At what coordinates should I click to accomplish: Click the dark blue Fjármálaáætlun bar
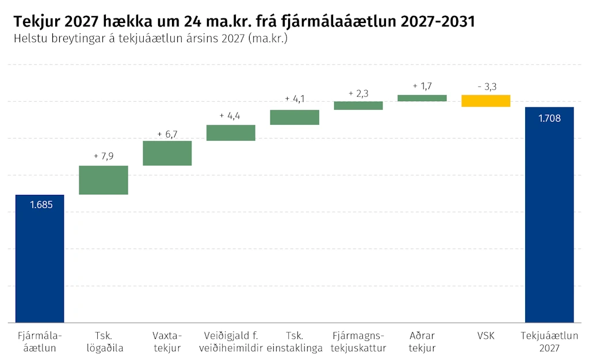coord(40,259)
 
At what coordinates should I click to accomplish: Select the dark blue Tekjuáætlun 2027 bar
coord(549,215)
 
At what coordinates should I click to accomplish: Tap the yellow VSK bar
coord(485,101)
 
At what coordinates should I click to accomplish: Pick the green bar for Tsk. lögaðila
coord(104,180)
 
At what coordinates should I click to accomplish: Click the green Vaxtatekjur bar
coord(167,153)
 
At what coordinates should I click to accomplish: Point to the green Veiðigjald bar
coord(231,133)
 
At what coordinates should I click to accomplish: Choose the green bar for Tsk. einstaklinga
coord(294,117)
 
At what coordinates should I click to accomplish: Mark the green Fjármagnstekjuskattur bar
coord(358,105)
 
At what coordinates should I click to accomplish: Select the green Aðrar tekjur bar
coord(422,98)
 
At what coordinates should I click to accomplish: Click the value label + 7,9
coord(104,156)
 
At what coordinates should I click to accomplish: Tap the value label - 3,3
coord(487,87)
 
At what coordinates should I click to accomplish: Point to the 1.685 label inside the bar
coord(41,205)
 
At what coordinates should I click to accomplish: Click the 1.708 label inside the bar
coord(549,118)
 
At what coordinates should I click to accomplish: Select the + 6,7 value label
coord(167,135)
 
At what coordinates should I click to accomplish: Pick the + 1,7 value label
coord(422,86)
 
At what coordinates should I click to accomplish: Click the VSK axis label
coord(485,336)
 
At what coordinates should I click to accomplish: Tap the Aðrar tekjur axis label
coord(422,342)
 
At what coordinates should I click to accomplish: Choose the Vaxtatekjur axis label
coord(167,342)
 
